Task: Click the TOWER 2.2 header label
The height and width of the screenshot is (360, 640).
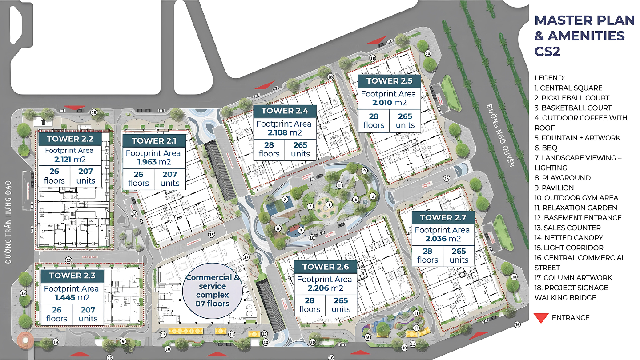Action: point(70,138)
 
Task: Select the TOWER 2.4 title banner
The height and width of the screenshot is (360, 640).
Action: point(285,111)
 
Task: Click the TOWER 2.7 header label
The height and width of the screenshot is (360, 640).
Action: point(443,217)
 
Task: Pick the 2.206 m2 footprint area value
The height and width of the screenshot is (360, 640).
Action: point(324,288)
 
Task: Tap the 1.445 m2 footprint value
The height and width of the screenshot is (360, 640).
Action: point(72,297)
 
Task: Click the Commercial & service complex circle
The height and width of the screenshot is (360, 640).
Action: point(213,291)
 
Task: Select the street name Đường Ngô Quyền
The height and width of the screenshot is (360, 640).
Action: point(500,135)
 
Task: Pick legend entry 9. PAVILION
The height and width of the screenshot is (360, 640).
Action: point(554,188)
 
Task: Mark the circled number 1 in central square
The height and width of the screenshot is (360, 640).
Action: point(329,205)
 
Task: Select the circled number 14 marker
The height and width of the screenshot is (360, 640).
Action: point(134,214)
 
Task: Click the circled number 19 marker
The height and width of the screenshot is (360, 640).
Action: point(56,342)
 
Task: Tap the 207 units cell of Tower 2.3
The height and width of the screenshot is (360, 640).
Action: point(88,314)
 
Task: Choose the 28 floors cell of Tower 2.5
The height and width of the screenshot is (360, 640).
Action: point(374,120)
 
